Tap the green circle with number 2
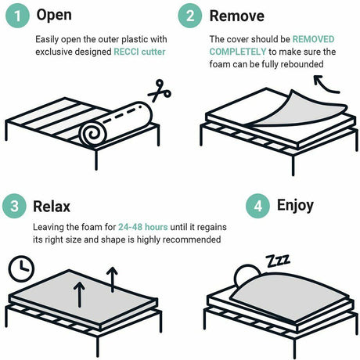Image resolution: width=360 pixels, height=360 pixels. point(190,16)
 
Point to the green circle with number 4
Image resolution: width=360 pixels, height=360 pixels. point(259,207)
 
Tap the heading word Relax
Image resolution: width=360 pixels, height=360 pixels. point(52,207)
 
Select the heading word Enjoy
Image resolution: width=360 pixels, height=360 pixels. point(295,207)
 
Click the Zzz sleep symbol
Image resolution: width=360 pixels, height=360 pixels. point(275,259)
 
